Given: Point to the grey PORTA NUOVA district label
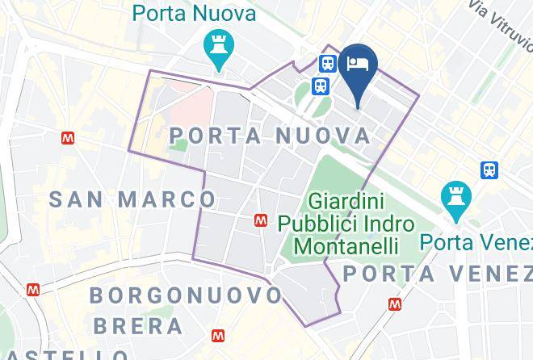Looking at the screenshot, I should click(x=271, y=136).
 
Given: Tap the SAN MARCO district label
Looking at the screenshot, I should click(x=133, y=199).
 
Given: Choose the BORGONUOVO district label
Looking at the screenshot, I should click(x=186, y=295).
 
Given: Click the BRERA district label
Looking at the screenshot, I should click(x=138, y=326).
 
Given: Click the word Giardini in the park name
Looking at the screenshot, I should click(x=345, y=199).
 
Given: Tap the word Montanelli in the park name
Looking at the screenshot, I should click(x=346, y=245).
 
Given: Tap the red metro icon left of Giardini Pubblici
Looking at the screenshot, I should click(x=261, y=220).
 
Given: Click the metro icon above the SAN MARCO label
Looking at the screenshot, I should click(x=68, y=139).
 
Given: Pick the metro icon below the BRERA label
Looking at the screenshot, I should click(x=218, y=336).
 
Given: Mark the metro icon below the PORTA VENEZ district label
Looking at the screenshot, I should click(x=395, y=304).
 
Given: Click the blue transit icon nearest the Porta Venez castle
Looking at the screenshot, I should click(x=489, y=170).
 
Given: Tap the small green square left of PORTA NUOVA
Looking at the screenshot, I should click(x=179, y=145).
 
